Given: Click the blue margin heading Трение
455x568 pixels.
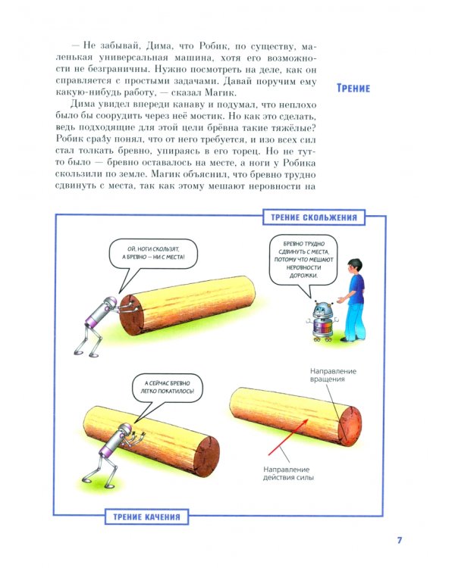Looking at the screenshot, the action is point(353,88).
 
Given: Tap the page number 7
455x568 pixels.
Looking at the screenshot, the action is point(400,540).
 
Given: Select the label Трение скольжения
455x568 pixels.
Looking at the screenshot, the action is point(314,217).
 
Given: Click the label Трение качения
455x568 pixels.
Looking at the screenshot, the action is point(146,517).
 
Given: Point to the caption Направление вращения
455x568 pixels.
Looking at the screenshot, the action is point(328,375).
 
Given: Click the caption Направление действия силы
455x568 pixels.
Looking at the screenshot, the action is point(288,473).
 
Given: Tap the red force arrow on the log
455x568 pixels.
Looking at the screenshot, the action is point(288,437).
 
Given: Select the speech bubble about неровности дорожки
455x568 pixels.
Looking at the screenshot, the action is point(303,260).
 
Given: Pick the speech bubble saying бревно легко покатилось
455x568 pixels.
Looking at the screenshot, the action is point(168,389).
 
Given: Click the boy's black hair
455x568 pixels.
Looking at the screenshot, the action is point(354,264).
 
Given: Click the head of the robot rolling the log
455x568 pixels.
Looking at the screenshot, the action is point(125,431).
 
